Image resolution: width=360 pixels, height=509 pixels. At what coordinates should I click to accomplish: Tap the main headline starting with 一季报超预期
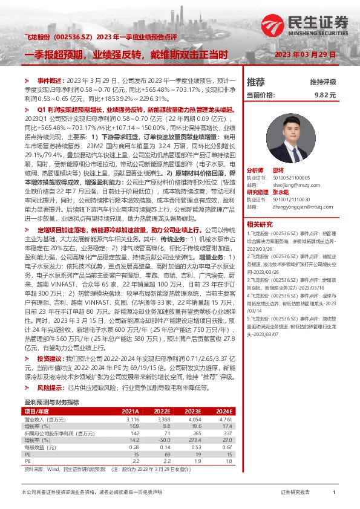[126, 54]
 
